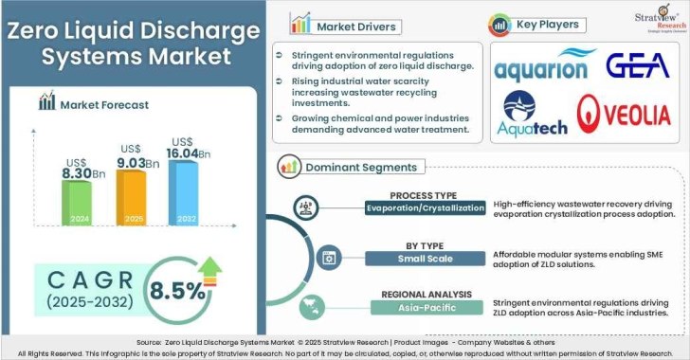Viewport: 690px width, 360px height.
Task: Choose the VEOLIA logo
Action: [626, 115]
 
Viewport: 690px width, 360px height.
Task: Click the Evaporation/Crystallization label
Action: [426, 207]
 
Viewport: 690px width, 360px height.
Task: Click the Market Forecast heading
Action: [103, 105]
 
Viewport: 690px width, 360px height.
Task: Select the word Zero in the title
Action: [39, 30]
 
